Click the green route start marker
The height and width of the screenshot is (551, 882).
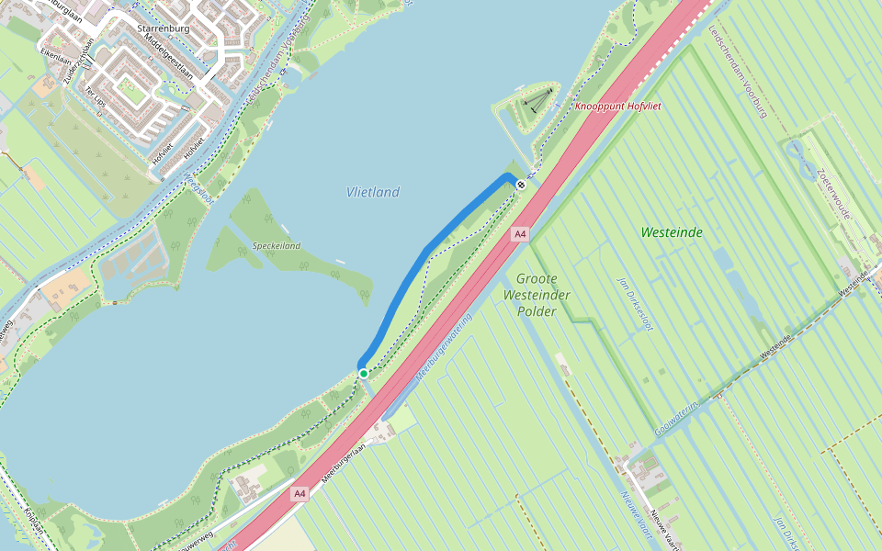364,374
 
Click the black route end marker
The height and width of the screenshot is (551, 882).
521,185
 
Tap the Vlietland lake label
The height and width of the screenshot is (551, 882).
373,192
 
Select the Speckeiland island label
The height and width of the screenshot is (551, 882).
277,246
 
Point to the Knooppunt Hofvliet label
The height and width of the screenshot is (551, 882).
618,107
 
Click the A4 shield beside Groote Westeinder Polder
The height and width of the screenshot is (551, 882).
520,234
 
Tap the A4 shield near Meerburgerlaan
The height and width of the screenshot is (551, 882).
300,494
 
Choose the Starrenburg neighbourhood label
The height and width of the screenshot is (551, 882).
162,28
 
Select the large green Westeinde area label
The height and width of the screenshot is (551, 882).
672,232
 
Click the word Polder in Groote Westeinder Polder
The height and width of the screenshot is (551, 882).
537,311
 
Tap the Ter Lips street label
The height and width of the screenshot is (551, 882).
96,99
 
